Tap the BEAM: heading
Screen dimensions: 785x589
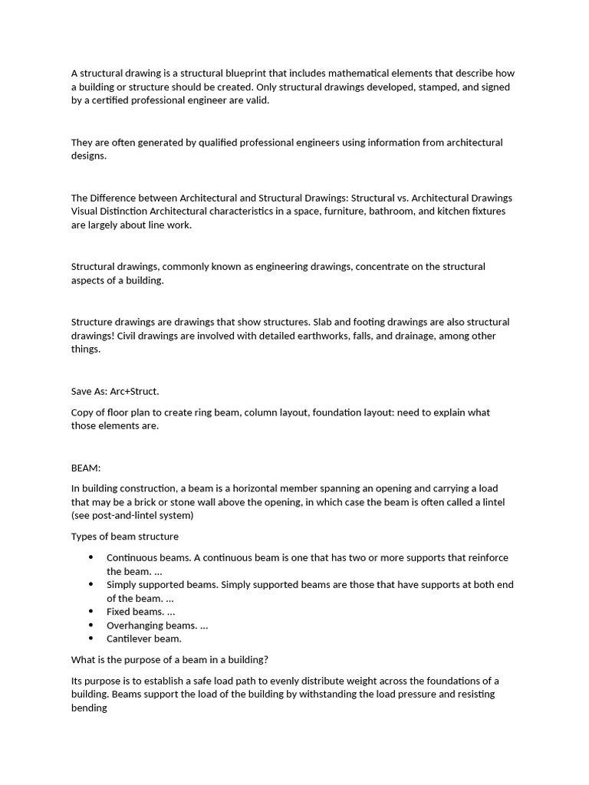click(x=86, y=468)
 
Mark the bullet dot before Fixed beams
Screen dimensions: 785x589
click(x=91, y=612)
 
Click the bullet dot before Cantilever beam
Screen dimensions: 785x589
click(x=91, y=639)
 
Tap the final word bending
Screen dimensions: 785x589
click(x=89, y=708)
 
